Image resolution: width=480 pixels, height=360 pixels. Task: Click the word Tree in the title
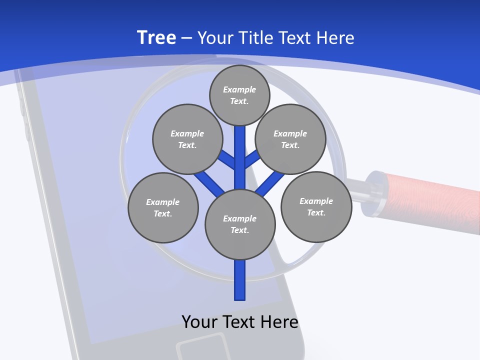[x=156, y=37]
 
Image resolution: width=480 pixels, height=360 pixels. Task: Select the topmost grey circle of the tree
[x=239, y=95]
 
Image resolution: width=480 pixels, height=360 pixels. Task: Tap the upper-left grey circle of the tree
[x=187, y=139]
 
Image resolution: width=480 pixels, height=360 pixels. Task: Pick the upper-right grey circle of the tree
[x=290, y=139]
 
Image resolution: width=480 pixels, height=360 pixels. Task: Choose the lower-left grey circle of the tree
[x=163, y=207]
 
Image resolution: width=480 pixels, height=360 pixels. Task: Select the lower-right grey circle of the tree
[x=316, y=206]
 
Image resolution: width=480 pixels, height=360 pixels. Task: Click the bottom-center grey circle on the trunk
[x=240, y=224]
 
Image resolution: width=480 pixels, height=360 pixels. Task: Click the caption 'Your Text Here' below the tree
[x=240, y=321]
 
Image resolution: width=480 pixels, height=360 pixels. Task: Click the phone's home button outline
[x=202, y=347]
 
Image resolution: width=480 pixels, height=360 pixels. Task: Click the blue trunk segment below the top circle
[x=240, y=150]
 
